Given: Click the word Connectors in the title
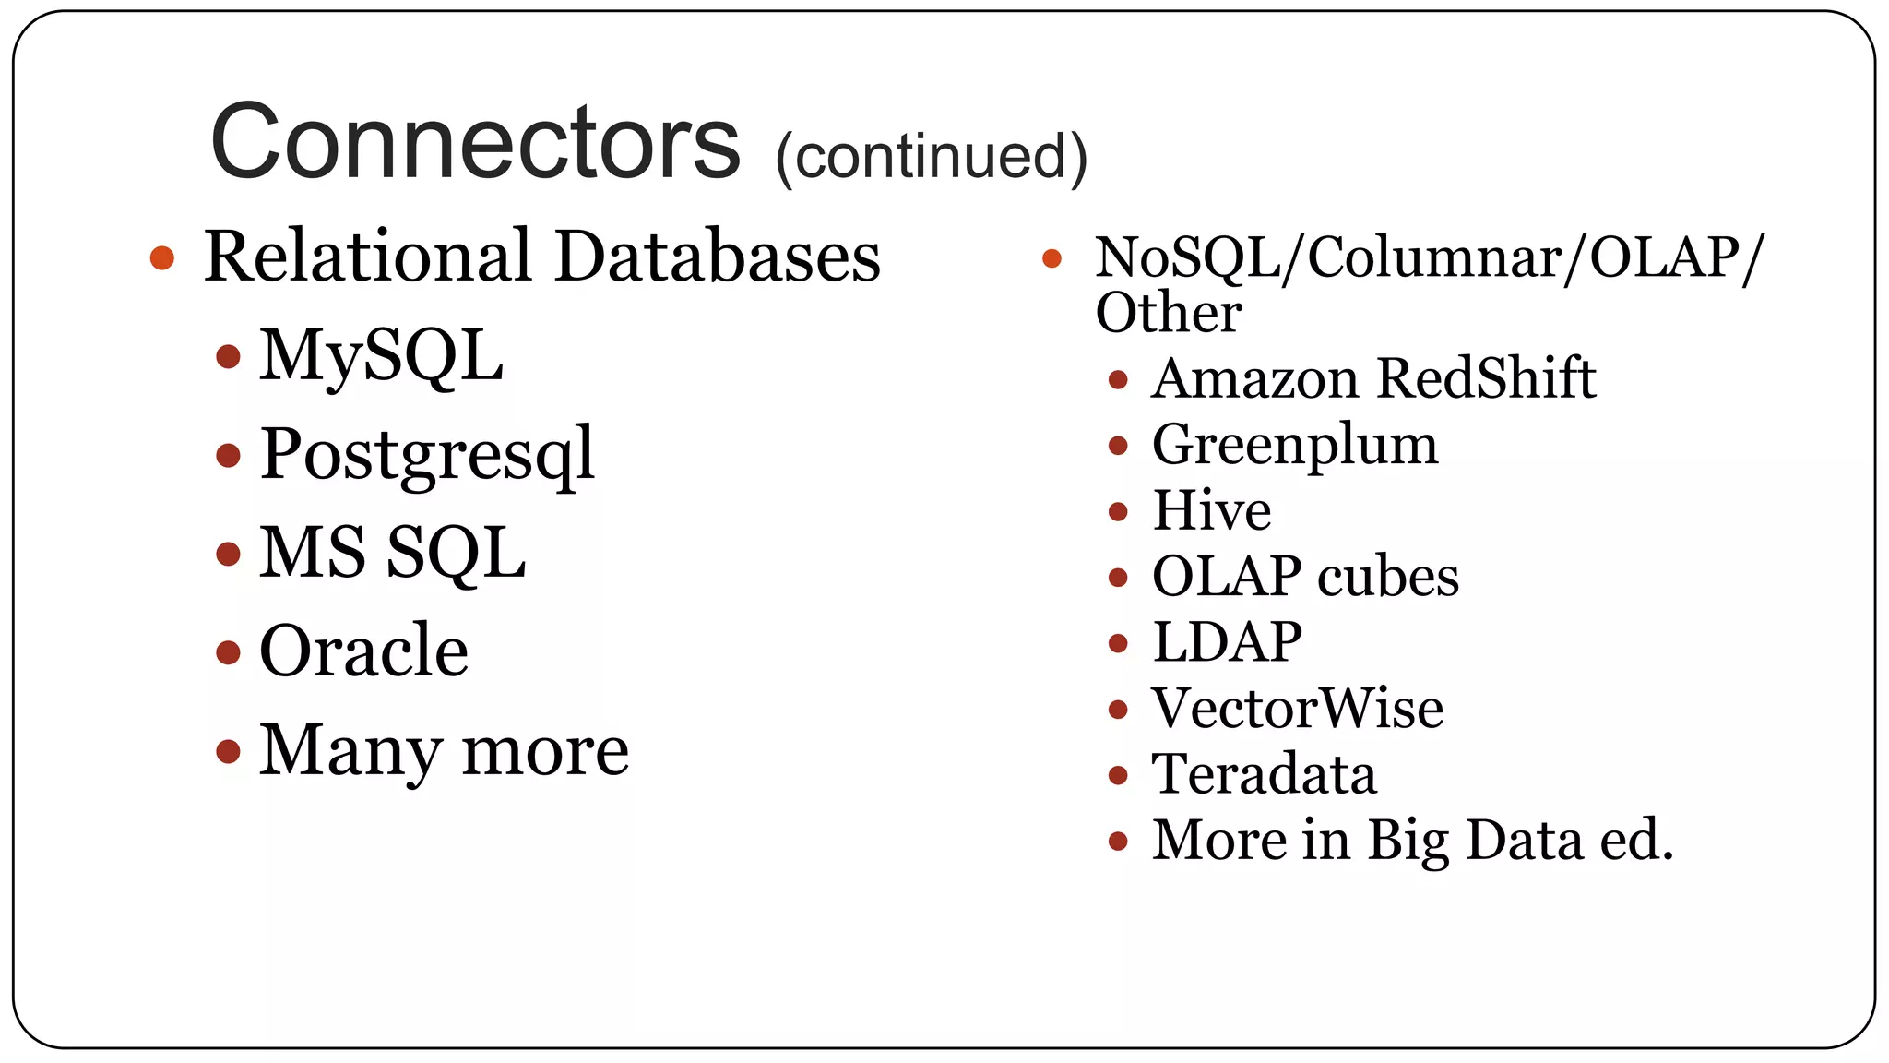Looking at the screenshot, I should point(475,142).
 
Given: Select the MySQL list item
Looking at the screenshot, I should point(381,356).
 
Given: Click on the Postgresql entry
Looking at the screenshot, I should point(427,455).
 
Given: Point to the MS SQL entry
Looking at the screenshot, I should point(392,553).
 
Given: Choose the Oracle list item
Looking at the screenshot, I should point(363,651).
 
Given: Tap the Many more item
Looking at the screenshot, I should point(444,750).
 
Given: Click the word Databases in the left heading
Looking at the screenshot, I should point(718,257).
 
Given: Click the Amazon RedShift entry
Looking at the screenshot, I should point(1373,378).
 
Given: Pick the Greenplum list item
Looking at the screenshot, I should point(1295,446).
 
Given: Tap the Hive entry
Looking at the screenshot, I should point(1212,510).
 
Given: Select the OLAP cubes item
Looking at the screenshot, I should point(1305,577).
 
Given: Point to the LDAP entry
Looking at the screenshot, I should point(1227,642).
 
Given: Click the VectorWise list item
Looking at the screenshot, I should point(1297,709).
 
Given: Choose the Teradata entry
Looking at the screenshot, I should point(1264,774).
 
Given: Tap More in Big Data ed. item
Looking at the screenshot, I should point(1412,841).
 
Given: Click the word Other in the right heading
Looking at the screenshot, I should point(1168,313).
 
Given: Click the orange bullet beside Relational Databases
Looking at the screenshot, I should point(162,257).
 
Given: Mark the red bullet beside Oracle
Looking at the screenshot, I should point(228,652).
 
